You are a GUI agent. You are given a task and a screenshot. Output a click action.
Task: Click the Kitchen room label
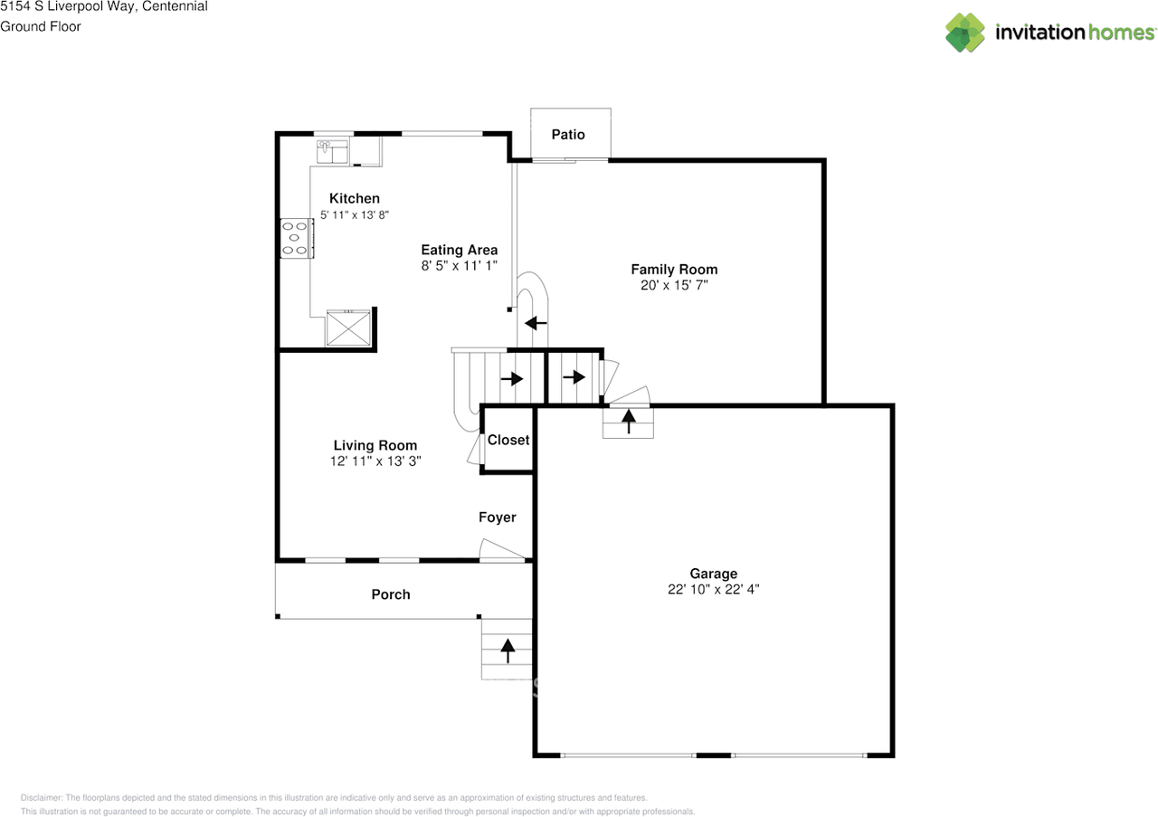click(354, 199)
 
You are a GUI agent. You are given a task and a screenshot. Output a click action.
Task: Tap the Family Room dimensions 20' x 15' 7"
click(674, 285)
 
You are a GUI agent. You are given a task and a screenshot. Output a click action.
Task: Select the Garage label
click(713, 574)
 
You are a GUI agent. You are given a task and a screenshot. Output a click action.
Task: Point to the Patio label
click(568, 135)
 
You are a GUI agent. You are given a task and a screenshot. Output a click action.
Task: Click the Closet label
click(508, 440)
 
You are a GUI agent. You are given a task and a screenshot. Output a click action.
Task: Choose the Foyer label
click(497, 518)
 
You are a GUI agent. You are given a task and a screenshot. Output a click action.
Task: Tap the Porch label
click(390, 594)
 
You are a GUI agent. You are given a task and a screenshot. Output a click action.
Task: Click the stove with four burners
click(296, 238)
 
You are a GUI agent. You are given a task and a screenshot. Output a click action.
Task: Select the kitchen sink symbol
click(332, 150)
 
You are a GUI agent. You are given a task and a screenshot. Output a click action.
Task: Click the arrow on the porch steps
click(508, 646)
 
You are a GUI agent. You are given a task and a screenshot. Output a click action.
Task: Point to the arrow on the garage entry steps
click(628, 421)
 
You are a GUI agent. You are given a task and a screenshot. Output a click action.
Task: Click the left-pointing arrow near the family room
click(536, 322)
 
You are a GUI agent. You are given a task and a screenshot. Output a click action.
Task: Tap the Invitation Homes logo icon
click(965, 33)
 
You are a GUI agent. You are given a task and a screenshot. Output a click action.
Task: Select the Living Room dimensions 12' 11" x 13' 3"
click(375, 461)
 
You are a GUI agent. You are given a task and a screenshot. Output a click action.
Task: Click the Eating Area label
click(459, 251)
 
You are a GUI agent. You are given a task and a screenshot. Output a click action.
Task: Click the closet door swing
click(474, 450)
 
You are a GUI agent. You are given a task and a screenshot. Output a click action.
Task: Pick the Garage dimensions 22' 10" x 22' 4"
click(713, 589)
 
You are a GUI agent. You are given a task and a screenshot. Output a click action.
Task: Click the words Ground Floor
click(41, 26)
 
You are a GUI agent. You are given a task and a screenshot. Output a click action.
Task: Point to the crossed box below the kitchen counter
click(348, 328)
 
